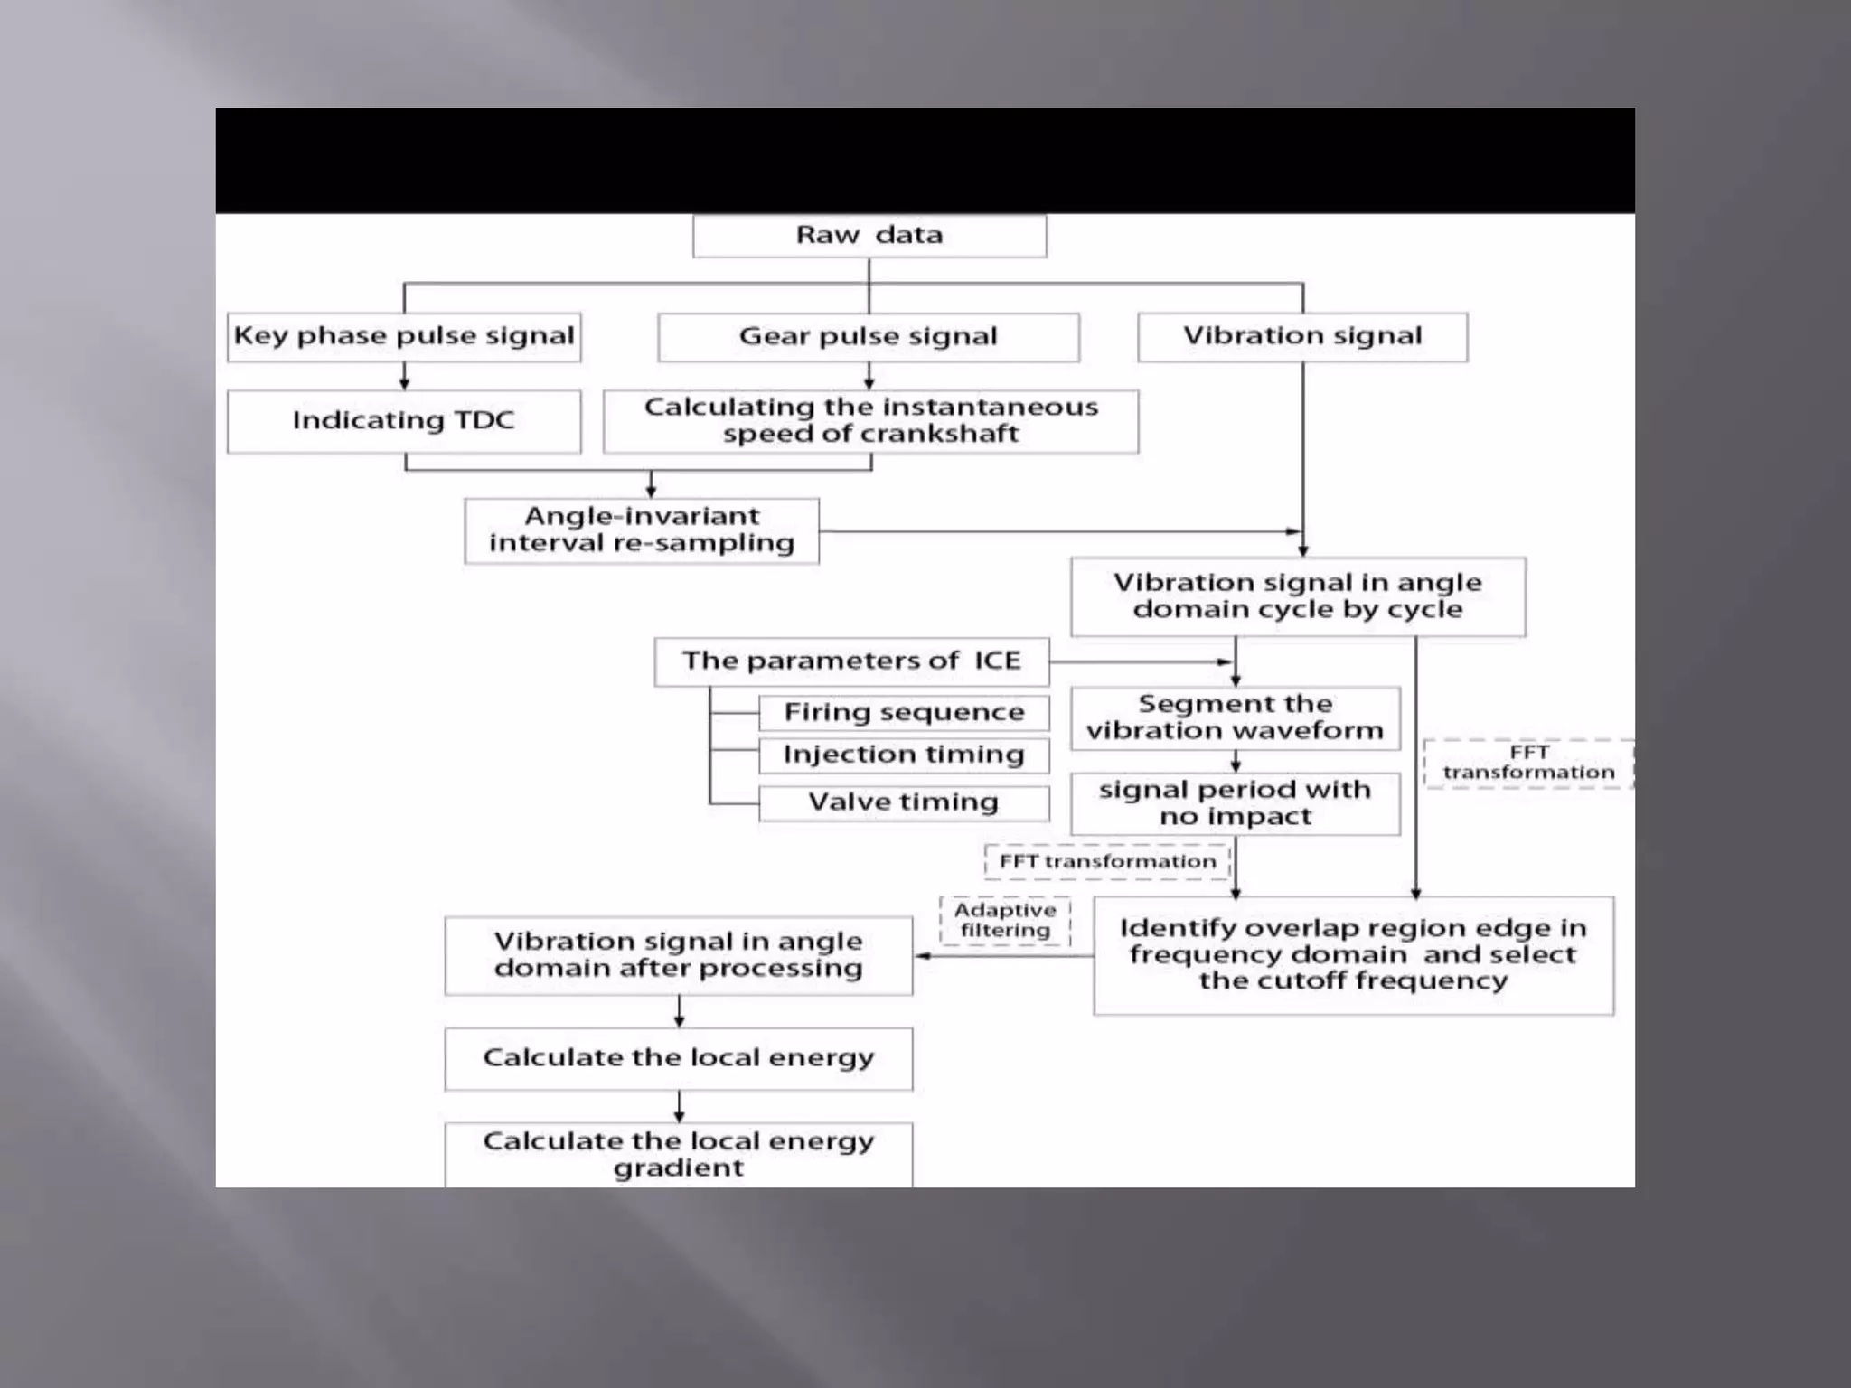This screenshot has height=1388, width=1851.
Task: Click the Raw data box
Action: coord(869,236)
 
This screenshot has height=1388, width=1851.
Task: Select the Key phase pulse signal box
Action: coord(403,337)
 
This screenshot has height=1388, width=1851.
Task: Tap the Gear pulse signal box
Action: coord(868,337)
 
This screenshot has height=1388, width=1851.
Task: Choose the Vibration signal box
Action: coord(1301,337)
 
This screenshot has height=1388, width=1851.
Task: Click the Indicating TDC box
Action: coord(403,421)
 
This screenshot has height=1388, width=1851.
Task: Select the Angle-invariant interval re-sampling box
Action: coord(642,530)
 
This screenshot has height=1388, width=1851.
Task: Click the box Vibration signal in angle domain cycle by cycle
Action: coord(1297,596)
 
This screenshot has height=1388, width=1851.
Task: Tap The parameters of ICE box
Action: coord(850,661)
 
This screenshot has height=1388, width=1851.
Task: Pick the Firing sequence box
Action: coord(904,712)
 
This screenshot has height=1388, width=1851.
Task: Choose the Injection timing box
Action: coord(904,755)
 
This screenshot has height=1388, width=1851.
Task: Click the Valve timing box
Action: coord(904,802)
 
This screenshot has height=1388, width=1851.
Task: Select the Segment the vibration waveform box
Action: coord(1235,717)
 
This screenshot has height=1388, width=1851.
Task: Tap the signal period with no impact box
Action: coord(1235,803)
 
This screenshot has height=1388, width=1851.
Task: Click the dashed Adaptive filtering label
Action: coord(1004,921)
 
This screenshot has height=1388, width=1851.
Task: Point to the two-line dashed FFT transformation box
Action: coord(1527,763)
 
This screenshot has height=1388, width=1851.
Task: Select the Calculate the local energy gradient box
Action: coord(678,1154)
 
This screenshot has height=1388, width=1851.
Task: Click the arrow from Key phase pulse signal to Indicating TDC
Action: coord(404,376)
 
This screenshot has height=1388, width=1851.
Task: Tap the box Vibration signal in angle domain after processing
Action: coord(678,955)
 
